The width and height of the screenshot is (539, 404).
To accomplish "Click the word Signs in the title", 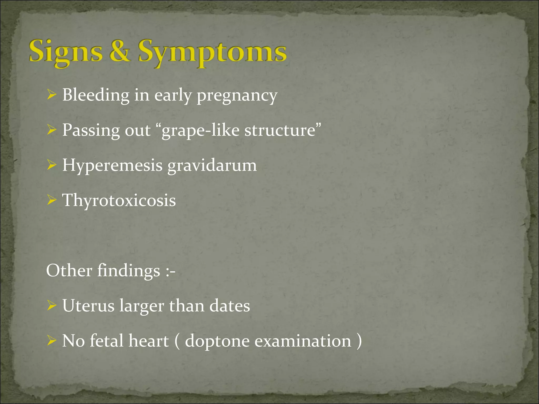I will click(x=66, y=52).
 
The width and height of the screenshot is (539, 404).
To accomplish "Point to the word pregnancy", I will click(x=237, y=96).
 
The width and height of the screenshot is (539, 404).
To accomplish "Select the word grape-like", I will click(x=200, y=130).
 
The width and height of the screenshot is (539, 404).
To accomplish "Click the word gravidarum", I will click(x=212, y=166).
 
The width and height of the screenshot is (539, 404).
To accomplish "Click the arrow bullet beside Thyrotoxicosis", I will click(x=52, y=200).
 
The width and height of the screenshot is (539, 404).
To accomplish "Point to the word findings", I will click(x=129, y=271).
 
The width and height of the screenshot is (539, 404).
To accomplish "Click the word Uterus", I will click(x=88, y=306).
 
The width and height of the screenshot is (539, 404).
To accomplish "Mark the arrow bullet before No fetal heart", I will click(x=52, y=341).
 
